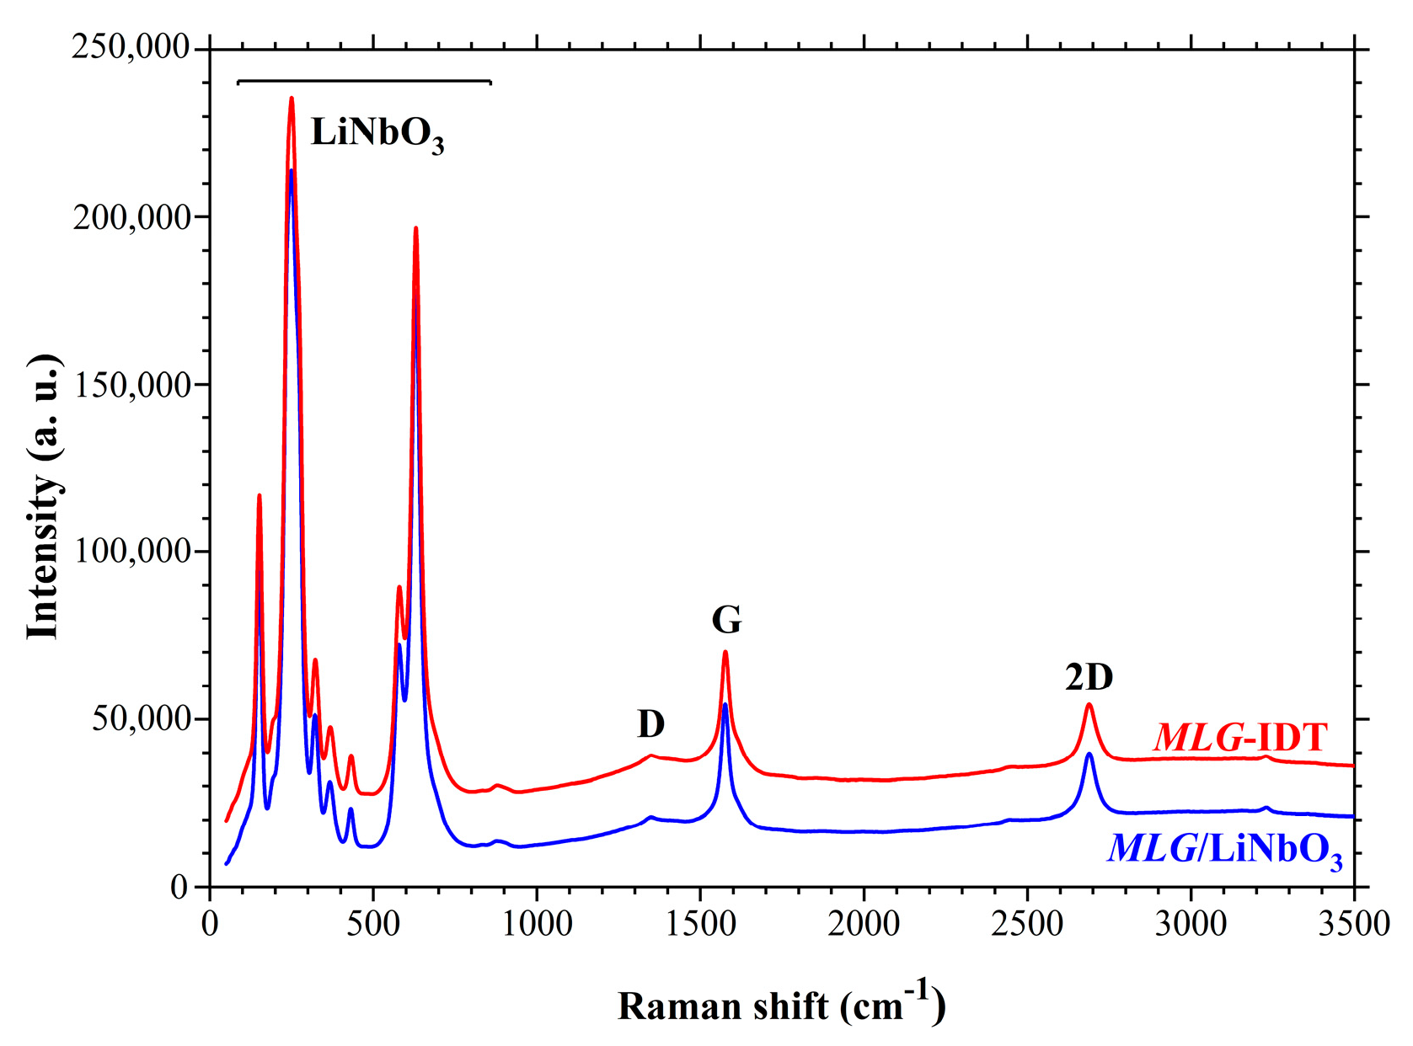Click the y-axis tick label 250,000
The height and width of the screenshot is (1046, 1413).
point(131,47)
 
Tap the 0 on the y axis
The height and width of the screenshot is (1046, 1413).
point(179,887)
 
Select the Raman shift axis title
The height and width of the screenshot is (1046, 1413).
point(781,1004)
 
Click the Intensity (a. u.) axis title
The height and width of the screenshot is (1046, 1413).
point(44,497)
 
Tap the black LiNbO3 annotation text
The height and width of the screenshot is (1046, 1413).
point(377,134)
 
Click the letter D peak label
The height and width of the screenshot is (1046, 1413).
point(650,723)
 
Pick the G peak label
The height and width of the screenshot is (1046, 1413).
point(726,621)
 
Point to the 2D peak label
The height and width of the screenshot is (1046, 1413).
point(1089,677)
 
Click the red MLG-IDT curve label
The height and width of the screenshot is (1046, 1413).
point(1239,738)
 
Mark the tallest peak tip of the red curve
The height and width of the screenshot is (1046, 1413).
point(292,99)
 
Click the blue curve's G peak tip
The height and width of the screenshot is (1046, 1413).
point(725,704)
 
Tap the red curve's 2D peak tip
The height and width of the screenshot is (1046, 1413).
point(1089,704)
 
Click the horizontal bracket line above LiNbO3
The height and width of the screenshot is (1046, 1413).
point(364,82)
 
